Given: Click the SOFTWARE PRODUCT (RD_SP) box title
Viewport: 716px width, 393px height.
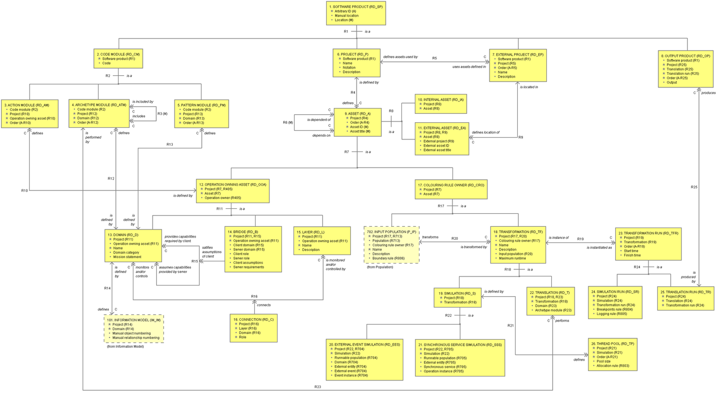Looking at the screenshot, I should [355, 7].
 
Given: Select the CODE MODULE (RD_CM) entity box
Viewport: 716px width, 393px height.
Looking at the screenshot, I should [118, 59].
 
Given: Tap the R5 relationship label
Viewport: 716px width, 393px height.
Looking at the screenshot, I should [435, 58].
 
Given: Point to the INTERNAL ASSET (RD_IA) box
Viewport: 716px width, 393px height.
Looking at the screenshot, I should [441, 104].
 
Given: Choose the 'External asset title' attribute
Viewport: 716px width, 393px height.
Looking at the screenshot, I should [437, 150].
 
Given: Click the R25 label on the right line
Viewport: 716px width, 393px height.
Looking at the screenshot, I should [694, 187].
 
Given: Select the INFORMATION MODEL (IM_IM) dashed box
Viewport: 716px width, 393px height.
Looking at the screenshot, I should [133, 329].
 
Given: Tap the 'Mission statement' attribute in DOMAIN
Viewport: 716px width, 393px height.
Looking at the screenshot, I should [127, 257].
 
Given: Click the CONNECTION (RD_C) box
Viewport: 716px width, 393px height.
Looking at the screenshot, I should [253, 328].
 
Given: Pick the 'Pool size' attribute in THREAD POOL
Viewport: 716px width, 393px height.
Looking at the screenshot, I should [603, 361].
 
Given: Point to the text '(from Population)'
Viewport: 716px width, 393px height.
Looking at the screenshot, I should [380, 267].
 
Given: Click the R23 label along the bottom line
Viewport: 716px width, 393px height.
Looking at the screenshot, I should [317, 386].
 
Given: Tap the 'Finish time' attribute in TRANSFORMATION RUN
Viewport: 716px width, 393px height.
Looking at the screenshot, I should [632, 255].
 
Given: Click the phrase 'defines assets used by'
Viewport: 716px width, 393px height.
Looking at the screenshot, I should [400, 57].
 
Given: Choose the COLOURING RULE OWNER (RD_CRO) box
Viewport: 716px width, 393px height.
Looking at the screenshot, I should [451, 190].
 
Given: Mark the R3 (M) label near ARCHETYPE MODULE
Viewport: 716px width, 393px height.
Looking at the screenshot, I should [162, 114].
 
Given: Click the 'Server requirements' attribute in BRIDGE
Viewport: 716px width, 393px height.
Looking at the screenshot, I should [248, 267].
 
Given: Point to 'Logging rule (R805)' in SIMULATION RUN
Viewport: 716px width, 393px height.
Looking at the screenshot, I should [612, 314].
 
